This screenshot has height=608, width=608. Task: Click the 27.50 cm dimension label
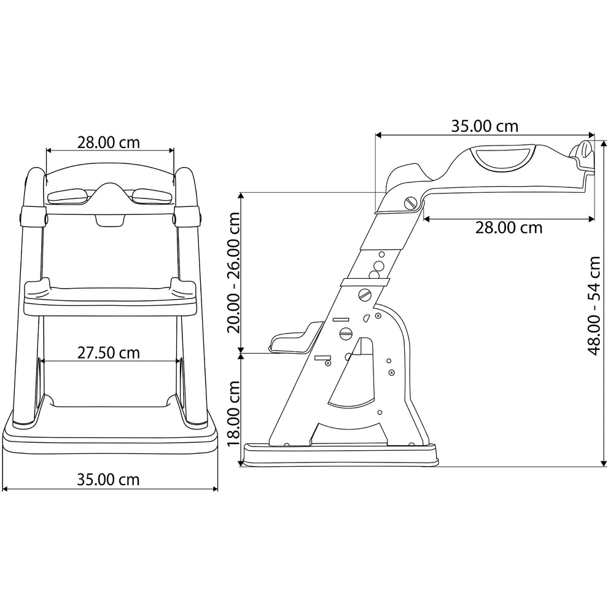(108, 353)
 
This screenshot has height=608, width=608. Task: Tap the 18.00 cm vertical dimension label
(234, 414)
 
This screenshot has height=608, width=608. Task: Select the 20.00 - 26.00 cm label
(234, 273)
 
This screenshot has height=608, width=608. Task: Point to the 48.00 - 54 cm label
(594, 305)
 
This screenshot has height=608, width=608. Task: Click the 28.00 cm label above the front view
(108, 142)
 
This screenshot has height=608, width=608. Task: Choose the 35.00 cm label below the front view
(108, 480)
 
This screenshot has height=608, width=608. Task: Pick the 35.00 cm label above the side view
(485, 126)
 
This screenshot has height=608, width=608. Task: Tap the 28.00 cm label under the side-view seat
(509, 228)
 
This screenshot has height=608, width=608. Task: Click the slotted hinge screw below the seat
(410, 203)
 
